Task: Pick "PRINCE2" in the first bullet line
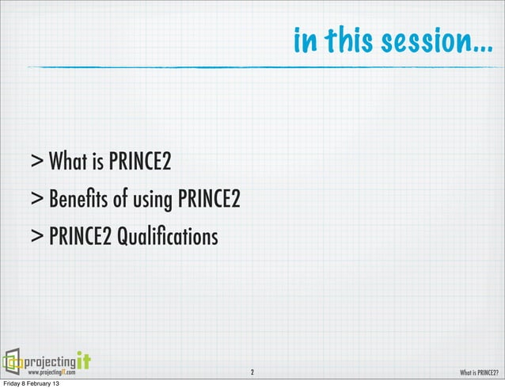tap(140, 163)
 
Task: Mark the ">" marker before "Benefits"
tap(38, 200)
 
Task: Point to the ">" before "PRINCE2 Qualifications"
tap(38, 236)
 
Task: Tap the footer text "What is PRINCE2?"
tap(479, 372)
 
